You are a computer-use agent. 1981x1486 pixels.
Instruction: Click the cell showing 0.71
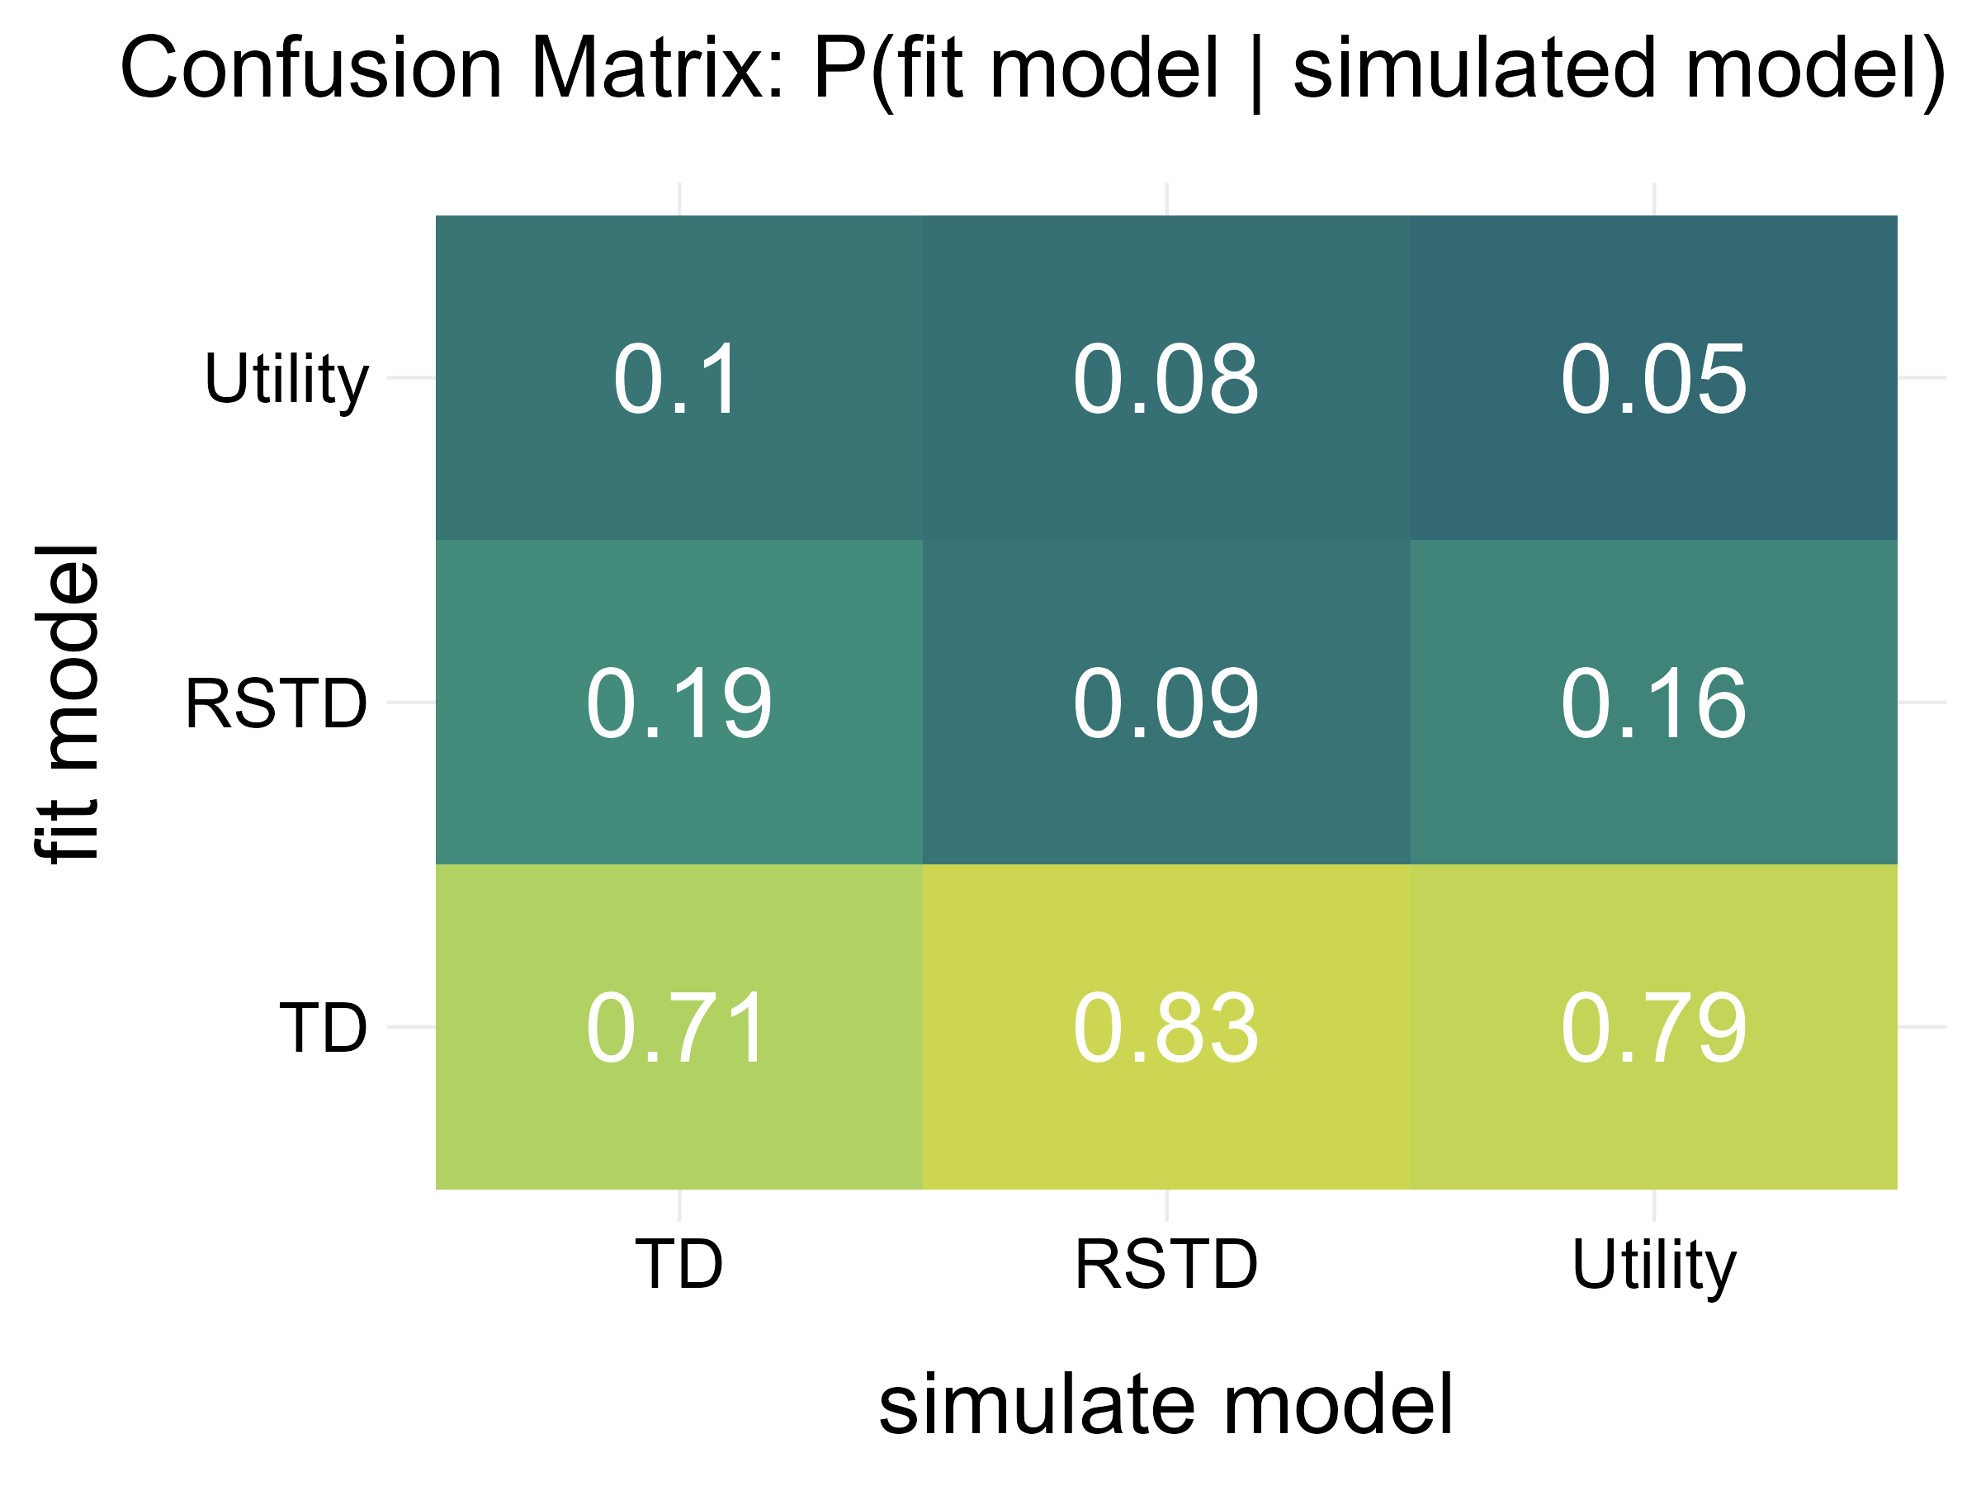pyautogui.click(x=678, y=1027)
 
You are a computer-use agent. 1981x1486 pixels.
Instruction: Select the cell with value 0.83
pyautogui.click(x=1165, y=1027)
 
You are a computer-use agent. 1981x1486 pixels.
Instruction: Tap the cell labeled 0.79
pyautogui.click(x=1652, y=1027)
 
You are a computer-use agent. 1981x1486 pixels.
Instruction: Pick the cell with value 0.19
pyautogui.click(x=678, y=703)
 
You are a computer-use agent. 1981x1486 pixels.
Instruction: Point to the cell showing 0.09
pyautogui.click(x=1165, y=703)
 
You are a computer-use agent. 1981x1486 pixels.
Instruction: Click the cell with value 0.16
pyautogui.click(x=1652, y=703)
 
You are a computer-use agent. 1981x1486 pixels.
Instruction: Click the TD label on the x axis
pyautogui.click(x=678, y=1264)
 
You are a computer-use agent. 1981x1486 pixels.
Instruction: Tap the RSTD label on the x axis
pyautogui.click(x=1165, y=1264)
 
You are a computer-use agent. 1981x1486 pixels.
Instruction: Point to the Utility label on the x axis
pyautogui.click(x=1653, y=1266)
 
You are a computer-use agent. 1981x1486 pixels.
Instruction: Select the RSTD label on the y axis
pyautogui.click(x=276, y=704)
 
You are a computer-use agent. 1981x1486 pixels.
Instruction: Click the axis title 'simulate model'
pyautogui.click(x=1165, y=1404)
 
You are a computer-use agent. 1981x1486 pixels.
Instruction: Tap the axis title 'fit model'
pyautogui.click(x=66, y=703)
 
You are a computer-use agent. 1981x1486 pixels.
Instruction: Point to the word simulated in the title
pyautogui.click(x=1474, y=70)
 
